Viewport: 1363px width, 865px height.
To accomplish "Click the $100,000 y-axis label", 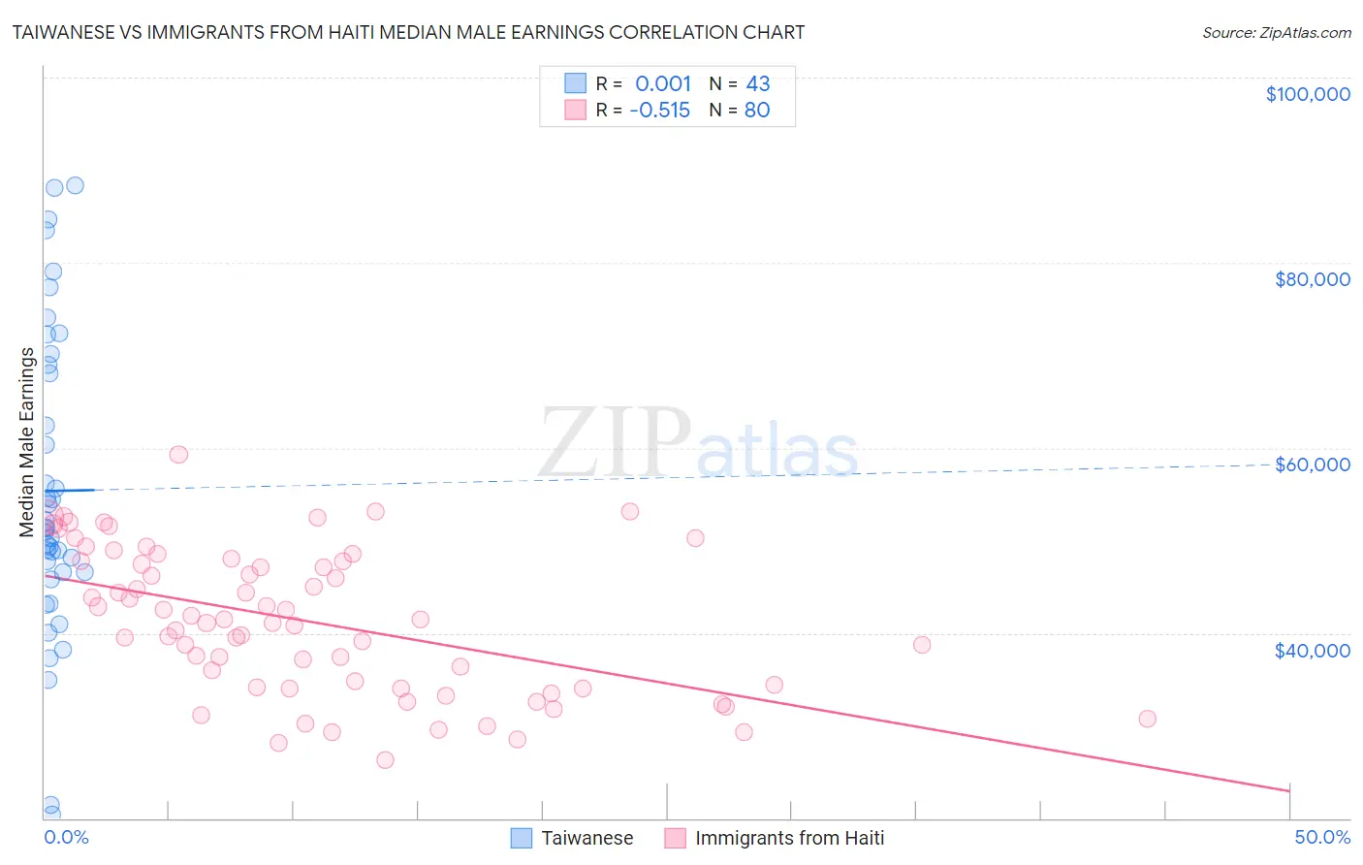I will click(x=1308, y=94).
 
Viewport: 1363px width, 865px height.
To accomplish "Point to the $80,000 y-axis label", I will click(x=1312, y=279).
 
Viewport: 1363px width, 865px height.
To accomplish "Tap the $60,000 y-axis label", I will click(x=1312, y=465).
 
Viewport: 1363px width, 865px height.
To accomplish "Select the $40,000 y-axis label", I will click(x=1312, y=651).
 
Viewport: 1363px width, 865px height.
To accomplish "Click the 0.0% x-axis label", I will click(x=66, y=837).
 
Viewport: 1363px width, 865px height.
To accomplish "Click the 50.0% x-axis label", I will click(x=1322, y=837).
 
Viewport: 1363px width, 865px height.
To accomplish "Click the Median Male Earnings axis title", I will click(x=27, y=442).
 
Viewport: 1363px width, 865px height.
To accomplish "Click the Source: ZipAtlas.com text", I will click(x=1276, y=32).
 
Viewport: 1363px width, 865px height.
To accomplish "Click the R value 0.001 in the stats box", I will click(x=663, y=84).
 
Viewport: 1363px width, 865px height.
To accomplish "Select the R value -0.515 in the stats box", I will click(x=659, y=111).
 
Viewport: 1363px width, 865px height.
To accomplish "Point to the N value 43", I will click(x=757, y=84).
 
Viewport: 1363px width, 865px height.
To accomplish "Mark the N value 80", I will click(x=757, y=111).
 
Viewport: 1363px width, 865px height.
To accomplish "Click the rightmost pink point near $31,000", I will click(x=1147, y=719).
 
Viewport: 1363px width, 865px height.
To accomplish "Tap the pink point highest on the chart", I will click(x=178, y=454).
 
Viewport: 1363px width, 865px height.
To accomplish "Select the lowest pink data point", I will click(x=385, y=759).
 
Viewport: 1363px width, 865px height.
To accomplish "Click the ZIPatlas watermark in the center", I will click(x=698, y=444).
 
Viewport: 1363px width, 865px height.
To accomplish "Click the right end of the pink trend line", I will click(x=1289, y=791).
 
